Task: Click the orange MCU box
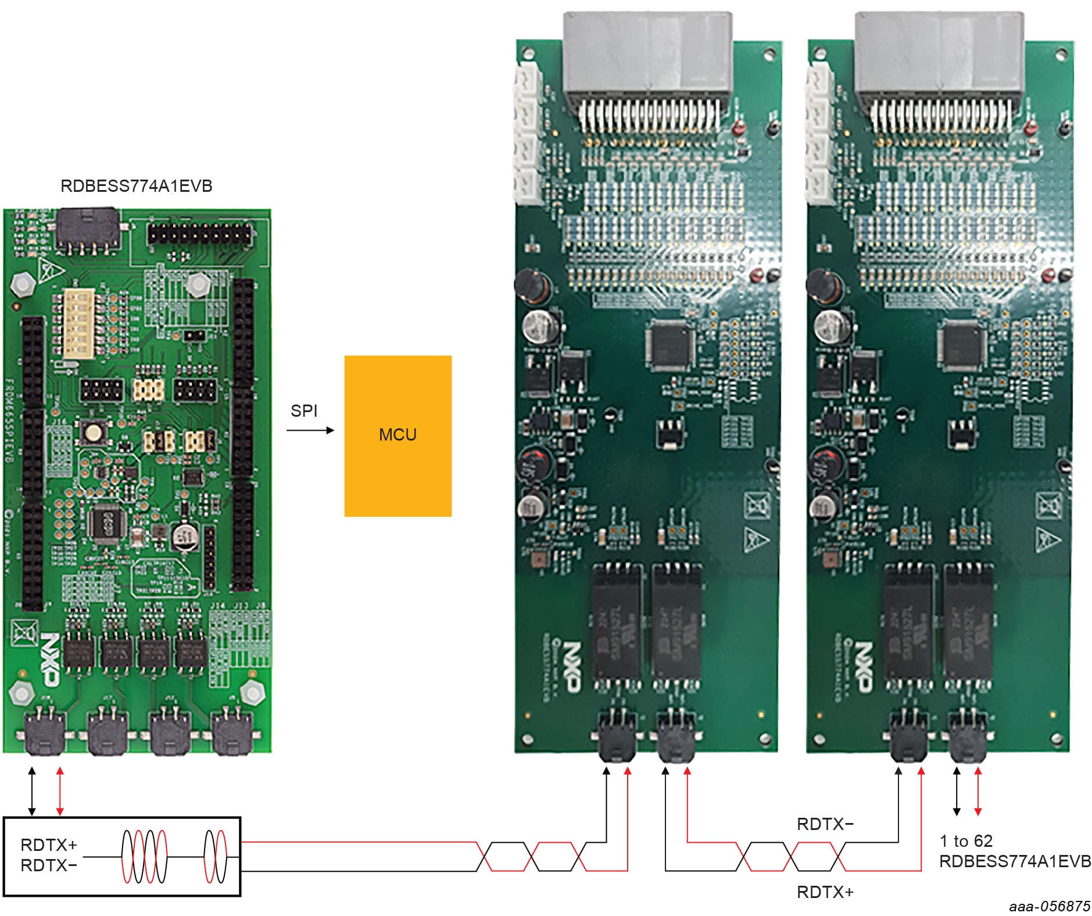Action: coord(398,436)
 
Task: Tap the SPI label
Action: coord(304,411)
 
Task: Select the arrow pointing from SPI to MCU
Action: coord(310,430)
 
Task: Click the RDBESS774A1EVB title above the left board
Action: coord(137,186)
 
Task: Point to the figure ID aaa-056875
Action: coord(1050,906)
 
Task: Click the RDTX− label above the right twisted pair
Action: coord(825,824)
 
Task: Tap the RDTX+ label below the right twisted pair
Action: coord(825,892)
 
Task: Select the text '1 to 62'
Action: coord(966,841)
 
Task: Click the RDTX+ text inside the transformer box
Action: coord(49,845)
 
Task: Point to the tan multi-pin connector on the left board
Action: coord(78,324)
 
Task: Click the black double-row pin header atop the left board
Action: coord(200,234)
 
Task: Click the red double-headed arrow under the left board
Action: coord(60,790)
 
